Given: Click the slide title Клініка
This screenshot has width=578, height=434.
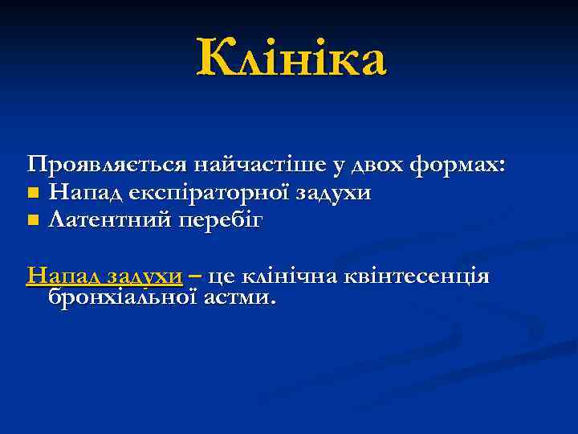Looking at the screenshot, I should [291, 59].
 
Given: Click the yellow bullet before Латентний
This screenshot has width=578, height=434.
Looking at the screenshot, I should [32, 219].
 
